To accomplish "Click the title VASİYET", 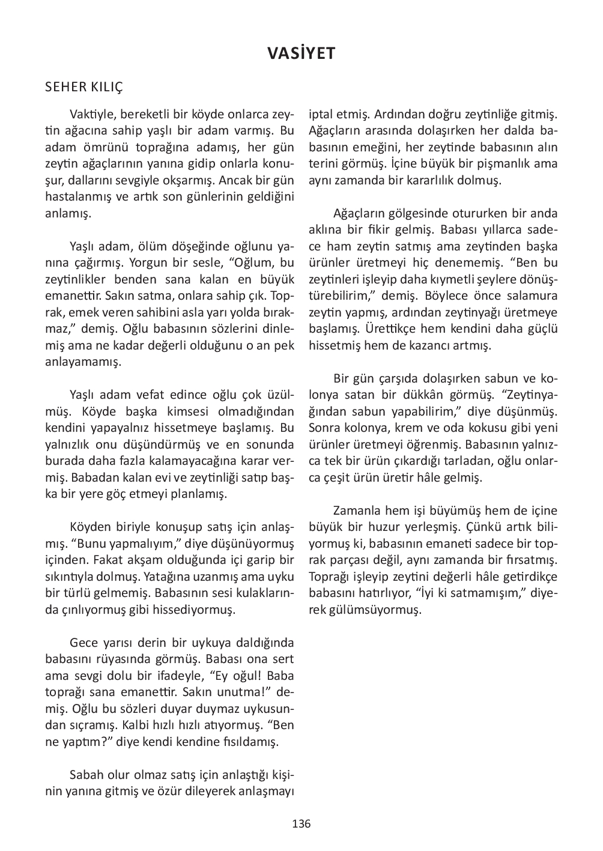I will coord(301,53).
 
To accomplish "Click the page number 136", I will coord(301,823).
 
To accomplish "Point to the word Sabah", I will coord(86,775).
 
